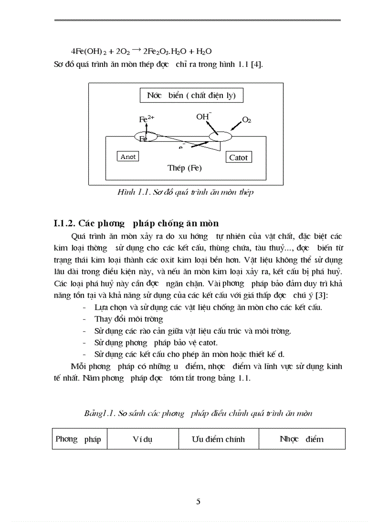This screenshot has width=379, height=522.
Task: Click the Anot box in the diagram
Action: point(128,157)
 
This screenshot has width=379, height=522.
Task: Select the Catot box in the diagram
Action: point(238,158)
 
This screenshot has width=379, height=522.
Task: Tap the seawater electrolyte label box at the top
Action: point(191,96)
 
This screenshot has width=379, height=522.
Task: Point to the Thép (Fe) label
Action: point(184,168)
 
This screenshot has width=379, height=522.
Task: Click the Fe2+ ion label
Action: point(147,119)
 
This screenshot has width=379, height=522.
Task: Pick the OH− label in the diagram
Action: point(203,117)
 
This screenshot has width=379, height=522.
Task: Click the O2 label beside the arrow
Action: point(247,120)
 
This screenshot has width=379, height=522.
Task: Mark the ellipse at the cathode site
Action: point(220,137)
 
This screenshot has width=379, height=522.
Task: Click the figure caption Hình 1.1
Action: point(185,192)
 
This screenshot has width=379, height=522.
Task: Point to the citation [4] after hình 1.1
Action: point(257,64)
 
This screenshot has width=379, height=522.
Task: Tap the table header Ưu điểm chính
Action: point(218,439)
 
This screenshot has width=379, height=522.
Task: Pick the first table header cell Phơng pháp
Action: point(78,439)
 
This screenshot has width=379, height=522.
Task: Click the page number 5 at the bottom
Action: point(198,501)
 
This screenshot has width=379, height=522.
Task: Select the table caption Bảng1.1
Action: point(198,413)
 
